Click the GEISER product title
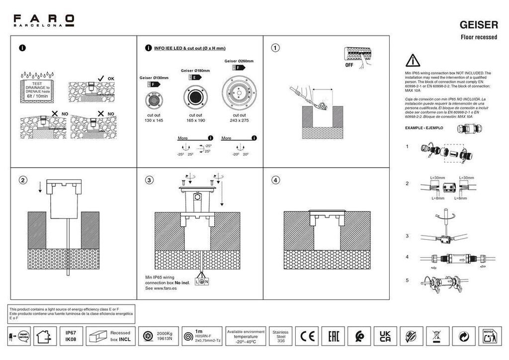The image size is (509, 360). pos(479,24)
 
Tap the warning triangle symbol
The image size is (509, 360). pos(413,61)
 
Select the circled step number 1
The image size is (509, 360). pos(275,48)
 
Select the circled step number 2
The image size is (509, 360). pos(22,180)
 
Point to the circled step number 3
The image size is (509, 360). pos(149,180)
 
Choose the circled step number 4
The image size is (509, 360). pos(275,180)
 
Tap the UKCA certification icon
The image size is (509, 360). pos(385,337)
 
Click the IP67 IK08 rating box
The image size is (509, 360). pos(71,337)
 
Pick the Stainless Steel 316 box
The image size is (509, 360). pos(281,337)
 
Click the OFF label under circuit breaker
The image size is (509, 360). pos(349,65)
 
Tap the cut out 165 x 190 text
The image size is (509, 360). pos(195,118)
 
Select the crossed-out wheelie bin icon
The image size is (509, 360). pos(437,337)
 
